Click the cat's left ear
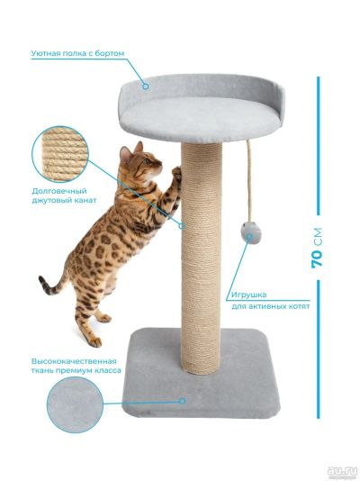point(125,153)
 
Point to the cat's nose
point(160,166)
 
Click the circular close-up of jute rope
point(60,154)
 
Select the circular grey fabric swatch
point(75,404)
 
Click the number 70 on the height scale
point(318,259)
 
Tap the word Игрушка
point(248,295)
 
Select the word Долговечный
point(59,191)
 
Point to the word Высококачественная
point(74,360)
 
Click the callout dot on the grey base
point(183,401)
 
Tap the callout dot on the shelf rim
point(146,86)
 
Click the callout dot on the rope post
point(182,226)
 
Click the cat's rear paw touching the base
point(95,342)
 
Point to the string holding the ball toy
point(249,180)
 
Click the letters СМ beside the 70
point(318,237)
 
